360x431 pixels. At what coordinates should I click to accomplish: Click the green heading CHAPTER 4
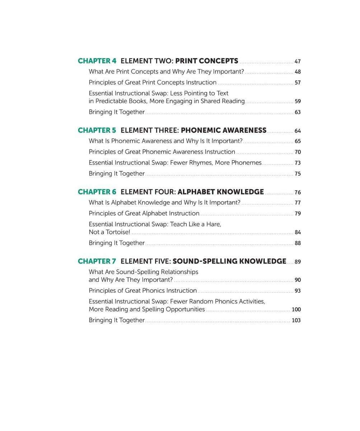(97, 61)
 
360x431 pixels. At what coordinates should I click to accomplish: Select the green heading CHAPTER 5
(97, 130)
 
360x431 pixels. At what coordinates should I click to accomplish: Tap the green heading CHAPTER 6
(97, 192)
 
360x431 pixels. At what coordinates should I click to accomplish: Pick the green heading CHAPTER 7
(97, 261)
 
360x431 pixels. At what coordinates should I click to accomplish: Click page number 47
(298, 62)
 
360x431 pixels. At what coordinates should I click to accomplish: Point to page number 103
(296, 320)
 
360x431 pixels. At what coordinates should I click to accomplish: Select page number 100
(296, 310)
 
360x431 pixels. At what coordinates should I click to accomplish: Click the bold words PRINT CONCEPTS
(206, 61)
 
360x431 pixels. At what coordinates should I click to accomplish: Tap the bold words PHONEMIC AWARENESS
(223, 130)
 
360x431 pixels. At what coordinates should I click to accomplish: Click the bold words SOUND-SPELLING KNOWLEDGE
(229, 261)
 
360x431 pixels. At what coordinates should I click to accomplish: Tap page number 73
(298, 163)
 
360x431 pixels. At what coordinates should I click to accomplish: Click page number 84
(298, 232)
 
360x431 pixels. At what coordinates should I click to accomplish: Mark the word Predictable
(111, 101)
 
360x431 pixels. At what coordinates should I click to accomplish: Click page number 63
(298, 112)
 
